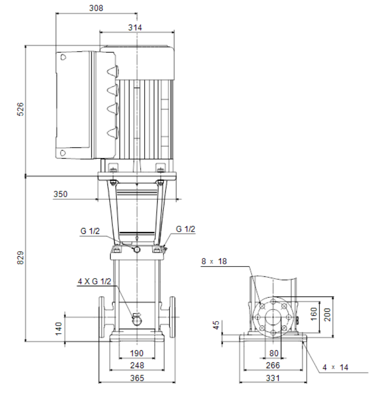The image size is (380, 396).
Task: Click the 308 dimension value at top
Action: (x=96, y=8)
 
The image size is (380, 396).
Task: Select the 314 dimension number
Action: (x=135, y=27)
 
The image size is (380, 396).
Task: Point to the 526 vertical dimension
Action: (x=20, y=109)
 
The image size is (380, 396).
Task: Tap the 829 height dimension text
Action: (x=20, y=258)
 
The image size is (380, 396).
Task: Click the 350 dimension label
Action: (x=60, y=194)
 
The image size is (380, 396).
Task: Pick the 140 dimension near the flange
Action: (x=58, y=328)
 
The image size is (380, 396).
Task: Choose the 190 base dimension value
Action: (x=137, y=353)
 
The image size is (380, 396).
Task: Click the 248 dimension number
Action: (x=137, y=365)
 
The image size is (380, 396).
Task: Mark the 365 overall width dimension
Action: (x=137, y=378)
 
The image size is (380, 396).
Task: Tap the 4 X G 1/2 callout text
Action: (x=95, y=281)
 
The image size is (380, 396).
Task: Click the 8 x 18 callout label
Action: (x=214, y=261)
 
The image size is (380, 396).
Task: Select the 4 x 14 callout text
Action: (x=335, y=367)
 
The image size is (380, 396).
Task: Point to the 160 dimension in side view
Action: (x=314, y=314)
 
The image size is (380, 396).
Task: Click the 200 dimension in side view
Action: (x=327, y=314)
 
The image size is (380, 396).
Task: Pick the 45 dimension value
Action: (x=216, y=325)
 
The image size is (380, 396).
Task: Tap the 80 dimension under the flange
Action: (x=274, y=353)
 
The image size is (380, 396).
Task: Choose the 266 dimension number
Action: (x=273, y=365)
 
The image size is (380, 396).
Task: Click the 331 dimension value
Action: (x=273, y=378)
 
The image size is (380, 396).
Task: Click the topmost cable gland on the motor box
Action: (x=113, y=71)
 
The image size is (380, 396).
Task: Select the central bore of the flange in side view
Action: (x=273, y=318)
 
